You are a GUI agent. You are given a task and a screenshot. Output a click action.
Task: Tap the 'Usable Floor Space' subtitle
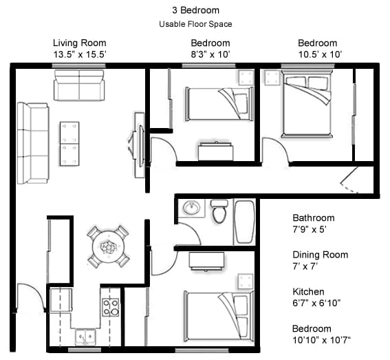[x=195, y=24]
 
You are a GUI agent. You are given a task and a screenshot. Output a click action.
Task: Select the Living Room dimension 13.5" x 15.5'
[x=79, y=54]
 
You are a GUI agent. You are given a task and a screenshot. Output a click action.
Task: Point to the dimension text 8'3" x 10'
[x=210, y=54]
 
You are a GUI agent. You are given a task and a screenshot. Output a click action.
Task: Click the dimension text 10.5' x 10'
[x=317, y=54]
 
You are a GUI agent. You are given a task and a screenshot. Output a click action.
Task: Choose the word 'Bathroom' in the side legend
[x=313, y=218]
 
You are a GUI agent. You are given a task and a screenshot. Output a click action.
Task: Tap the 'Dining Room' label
[x=320, y=255]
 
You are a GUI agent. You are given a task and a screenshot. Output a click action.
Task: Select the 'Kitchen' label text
[x=308, y=292]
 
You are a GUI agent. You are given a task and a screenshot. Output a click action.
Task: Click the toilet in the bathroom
[x=219, y=211]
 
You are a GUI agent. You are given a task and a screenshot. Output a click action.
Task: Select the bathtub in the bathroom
[x=245, y=222]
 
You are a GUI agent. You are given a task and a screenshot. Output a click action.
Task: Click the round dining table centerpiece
[x=109, y=246]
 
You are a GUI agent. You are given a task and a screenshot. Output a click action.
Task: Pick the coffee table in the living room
[x=69, y=143]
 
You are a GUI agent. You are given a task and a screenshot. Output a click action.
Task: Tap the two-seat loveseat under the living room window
[x=79, y=85]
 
